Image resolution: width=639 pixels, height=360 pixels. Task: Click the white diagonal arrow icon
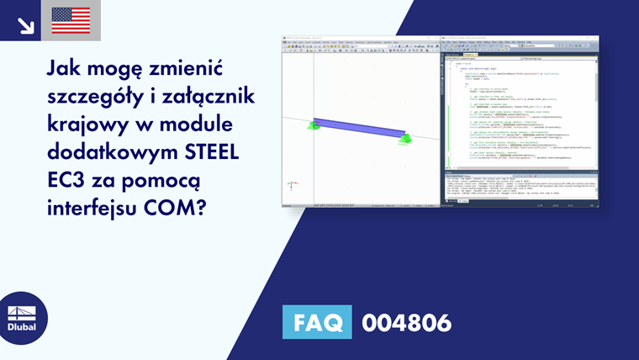point(25,24)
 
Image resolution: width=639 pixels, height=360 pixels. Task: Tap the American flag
point(71,20)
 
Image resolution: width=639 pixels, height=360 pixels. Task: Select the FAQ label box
point(318,322)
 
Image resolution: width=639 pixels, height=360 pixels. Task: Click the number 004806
point(406,322)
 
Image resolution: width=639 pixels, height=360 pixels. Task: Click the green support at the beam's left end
point(313,125)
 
